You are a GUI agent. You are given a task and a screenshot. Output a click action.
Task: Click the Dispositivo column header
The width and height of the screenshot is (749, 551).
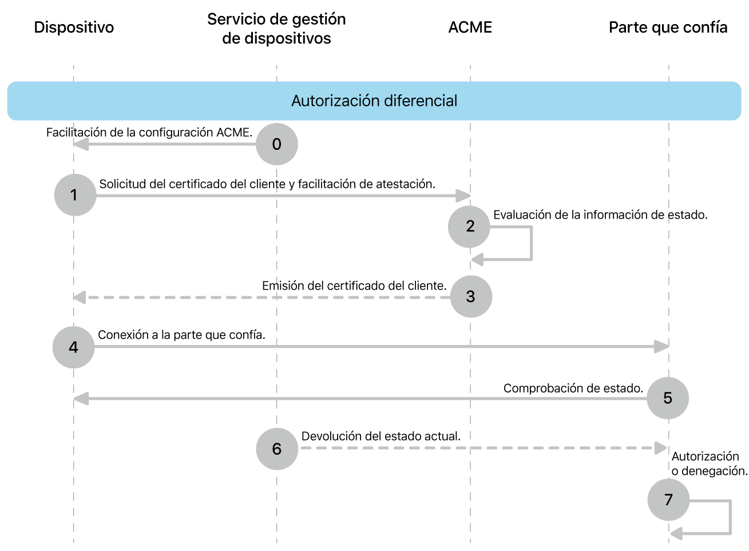(x=74, y=27)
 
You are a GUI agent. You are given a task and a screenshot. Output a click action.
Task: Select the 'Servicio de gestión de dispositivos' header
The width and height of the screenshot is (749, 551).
(x=276, y=29)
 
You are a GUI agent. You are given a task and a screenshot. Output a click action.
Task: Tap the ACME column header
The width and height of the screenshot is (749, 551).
(x=470, y=27)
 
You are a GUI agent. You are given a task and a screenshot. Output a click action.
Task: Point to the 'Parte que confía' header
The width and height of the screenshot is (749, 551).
(x=668, y=27)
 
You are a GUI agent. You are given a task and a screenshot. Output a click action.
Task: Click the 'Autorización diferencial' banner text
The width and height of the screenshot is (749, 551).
(x=374, y=101)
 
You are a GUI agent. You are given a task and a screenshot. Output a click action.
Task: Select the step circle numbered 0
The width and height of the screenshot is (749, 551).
(x=277, y=144)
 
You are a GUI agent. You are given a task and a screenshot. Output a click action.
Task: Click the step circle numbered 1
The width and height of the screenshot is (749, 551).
(x=75, y=195)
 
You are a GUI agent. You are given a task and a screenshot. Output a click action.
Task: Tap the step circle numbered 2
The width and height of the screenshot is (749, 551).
(x=469, y=227)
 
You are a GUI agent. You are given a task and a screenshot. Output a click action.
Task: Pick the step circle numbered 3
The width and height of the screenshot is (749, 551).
(x=471, y=296)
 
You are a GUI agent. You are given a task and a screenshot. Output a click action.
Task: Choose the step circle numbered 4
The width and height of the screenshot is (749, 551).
(x=73, y=347)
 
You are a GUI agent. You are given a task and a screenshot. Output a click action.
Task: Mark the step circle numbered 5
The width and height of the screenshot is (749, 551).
(x=667, y=398)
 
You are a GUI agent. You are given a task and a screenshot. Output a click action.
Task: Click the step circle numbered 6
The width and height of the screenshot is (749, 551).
(x=277, y=449)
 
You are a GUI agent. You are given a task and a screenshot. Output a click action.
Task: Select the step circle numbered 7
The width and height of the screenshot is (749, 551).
(x=668, y=500)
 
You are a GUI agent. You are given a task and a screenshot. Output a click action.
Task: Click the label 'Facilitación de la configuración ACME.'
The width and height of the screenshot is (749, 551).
(x=149, y=133)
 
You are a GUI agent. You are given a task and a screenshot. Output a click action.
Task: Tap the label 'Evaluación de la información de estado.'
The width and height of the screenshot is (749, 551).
(x=600, y=215)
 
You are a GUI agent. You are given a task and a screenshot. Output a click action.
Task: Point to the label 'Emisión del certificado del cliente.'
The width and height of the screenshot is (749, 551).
(x=354, y=286)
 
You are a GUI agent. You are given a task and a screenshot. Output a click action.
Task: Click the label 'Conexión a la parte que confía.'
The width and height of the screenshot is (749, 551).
(x=181, y=335)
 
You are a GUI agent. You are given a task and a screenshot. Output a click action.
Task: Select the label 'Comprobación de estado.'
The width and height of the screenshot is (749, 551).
(x=573, y=389)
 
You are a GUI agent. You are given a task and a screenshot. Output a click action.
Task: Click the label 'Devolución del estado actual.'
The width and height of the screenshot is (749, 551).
(x=381, y=437)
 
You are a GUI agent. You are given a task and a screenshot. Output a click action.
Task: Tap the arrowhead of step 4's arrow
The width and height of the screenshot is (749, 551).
(x=662, y=347)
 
